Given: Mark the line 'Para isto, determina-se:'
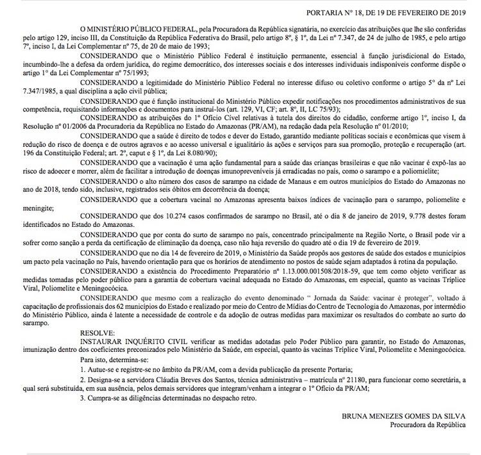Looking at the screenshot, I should pyautogui.click(x=117, y=361).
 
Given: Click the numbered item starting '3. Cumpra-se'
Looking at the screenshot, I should pyautogui.click(x=171, y=397).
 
